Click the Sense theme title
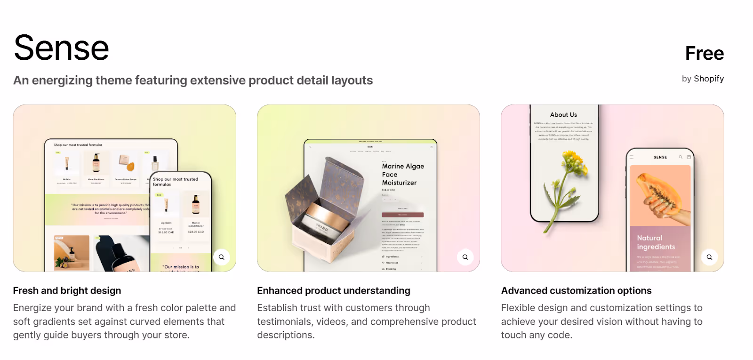62,48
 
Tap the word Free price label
704,54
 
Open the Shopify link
708,79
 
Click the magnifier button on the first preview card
222,257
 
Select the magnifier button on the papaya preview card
709,257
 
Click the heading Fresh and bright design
67,291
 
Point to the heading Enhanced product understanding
334,291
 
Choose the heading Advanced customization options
576,291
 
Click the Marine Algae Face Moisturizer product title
402,175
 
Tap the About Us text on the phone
563,115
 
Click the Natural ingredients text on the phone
656,242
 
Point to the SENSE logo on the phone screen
660,157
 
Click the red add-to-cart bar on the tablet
402,215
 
